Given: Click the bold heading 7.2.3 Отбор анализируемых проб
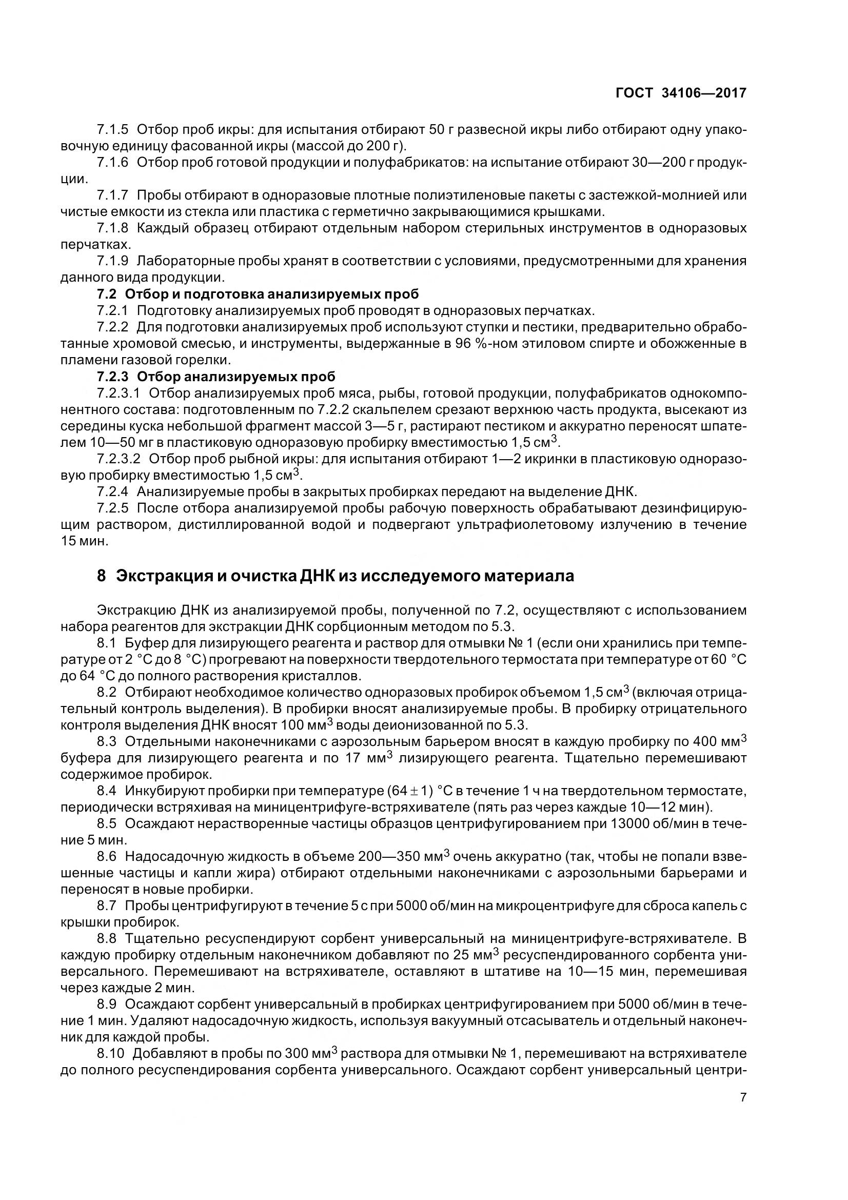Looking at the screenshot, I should click(x=216, y=376).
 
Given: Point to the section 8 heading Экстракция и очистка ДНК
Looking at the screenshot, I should click(x=336, y=576).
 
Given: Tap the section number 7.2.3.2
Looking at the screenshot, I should click(x=119, y=459).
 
